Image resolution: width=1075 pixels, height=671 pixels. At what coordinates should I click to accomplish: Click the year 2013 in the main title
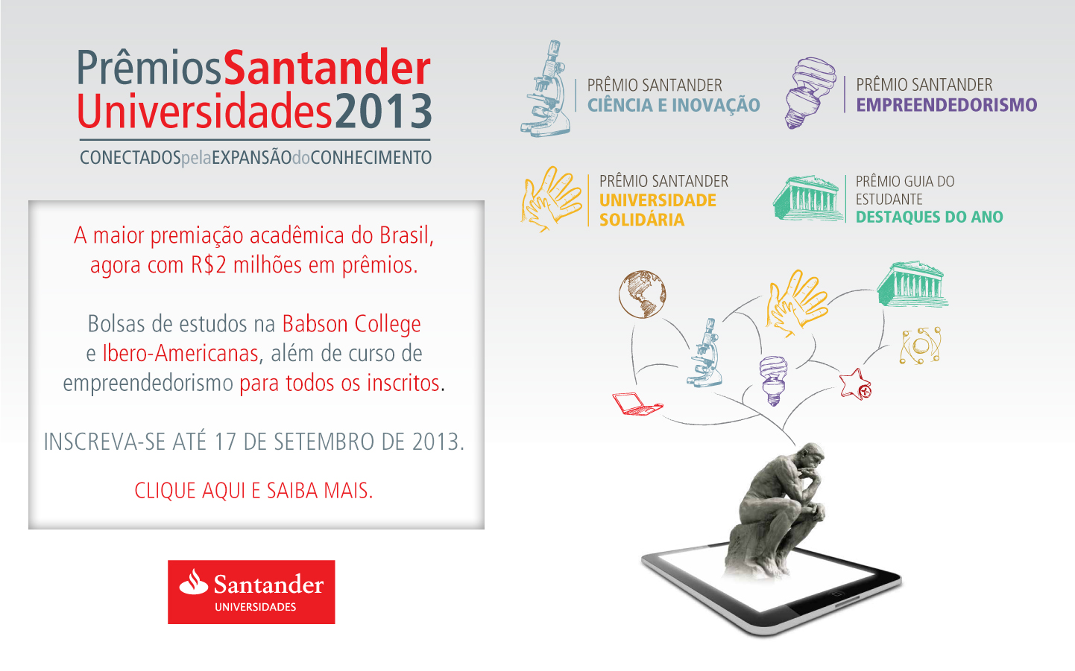click(383, 111)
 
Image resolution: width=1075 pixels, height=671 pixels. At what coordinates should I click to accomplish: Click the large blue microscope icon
click(546, 88)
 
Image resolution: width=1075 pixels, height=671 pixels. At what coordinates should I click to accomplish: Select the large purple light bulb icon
click(810, 92)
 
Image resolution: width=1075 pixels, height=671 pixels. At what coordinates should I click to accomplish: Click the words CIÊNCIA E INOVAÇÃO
click(674, 105)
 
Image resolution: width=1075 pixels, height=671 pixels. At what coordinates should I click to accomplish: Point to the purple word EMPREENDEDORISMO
click(947, 105)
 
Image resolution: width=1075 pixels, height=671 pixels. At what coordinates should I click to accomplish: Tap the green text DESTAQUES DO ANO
click(930, 217)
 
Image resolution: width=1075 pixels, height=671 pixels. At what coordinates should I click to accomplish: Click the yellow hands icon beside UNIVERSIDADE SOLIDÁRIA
click(552, 199)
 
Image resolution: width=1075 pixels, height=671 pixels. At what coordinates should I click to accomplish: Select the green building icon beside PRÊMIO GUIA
click(809, 198)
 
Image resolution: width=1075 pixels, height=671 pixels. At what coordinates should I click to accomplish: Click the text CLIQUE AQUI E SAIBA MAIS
click(254, 491)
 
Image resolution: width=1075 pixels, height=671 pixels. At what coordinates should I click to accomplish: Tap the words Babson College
click(351, 325)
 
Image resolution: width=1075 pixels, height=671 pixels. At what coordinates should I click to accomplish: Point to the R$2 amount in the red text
click(209, 264)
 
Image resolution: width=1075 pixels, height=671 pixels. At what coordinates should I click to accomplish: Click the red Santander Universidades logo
click(251, 592)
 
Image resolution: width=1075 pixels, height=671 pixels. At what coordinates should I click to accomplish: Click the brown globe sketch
click(642, 294)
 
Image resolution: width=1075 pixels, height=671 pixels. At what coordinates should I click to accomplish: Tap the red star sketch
click(855, 384)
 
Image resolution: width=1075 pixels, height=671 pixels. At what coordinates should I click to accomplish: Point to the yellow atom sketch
click(920, 346)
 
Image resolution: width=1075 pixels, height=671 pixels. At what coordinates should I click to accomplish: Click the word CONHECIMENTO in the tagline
click(371, 158)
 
